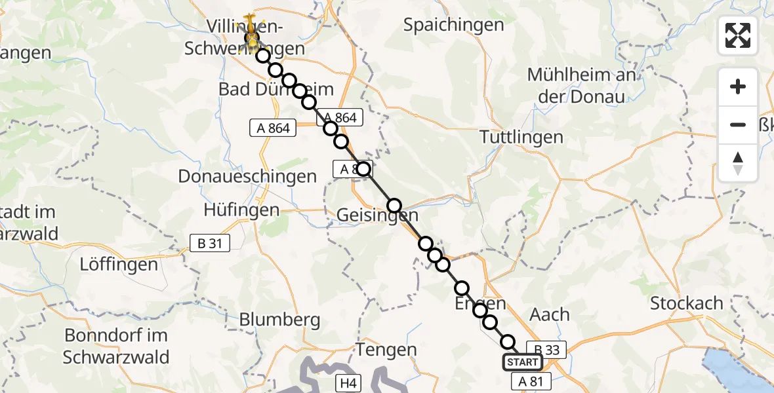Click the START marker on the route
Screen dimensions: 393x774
pos(523,362)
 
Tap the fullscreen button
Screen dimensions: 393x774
pos(738,35)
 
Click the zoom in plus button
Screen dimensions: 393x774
pos(738,86)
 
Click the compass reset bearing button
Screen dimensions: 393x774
pos(738,163)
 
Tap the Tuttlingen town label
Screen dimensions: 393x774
pos(521,138)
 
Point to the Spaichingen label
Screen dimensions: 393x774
pos(454,26)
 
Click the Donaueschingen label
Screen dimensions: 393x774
pos(247,176)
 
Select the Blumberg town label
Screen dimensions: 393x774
pos(280,320)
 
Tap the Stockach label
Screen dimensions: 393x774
pos(687,303)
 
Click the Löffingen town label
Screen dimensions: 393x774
pos(119,265)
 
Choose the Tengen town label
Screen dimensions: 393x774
pos(386,350)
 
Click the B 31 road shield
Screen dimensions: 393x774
pos(209,244)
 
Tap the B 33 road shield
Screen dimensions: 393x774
pos(546,350)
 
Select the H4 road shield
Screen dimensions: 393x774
pos(346,381)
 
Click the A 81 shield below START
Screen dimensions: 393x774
pos(531,381)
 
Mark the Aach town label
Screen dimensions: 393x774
pos(549,315)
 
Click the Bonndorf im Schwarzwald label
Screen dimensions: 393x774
pos(116,346)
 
